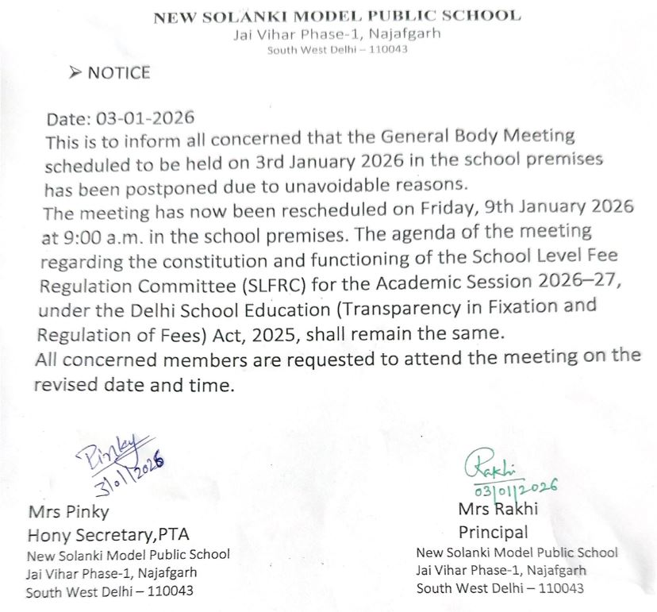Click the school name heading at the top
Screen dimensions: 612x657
336,16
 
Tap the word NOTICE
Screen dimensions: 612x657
118,73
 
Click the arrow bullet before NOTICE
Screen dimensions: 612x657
75,73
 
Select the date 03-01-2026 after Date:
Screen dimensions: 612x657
145,119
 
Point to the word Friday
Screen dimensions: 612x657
432,209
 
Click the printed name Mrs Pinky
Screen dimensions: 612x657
68,511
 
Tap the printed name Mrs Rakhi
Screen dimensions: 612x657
498,509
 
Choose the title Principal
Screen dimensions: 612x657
493,531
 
